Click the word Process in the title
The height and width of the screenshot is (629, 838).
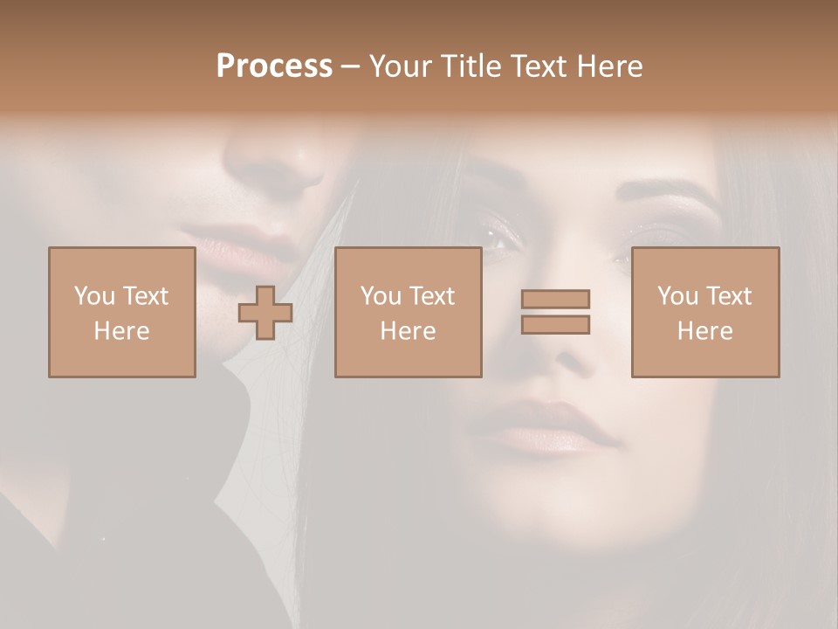[x=274, y=66]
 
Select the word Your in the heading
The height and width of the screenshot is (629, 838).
[x=399, y=66]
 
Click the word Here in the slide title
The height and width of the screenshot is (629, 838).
[x=610, y=66]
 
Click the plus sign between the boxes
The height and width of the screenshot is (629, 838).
[x=265, y=313]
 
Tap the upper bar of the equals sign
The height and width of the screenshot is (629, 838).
[x=555, y=299]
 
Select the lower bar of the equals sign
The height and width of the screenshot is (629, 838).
[x=555, y=324]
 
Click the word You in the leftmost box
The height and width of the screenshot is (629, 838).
[x=94, y=296]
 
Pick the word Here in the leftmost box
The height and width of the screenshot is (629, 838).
[x=121, y=331]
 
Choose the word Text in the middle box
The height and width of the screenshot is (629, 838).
[x=432, y=296]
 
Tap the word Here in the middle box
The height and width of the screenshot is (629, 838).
[x=408, y=331]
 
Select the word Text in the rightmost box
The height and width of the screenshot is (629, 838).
[x=729, y=296]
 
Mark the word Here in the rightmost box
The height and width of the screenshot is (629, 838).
[x=704, y=331]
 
